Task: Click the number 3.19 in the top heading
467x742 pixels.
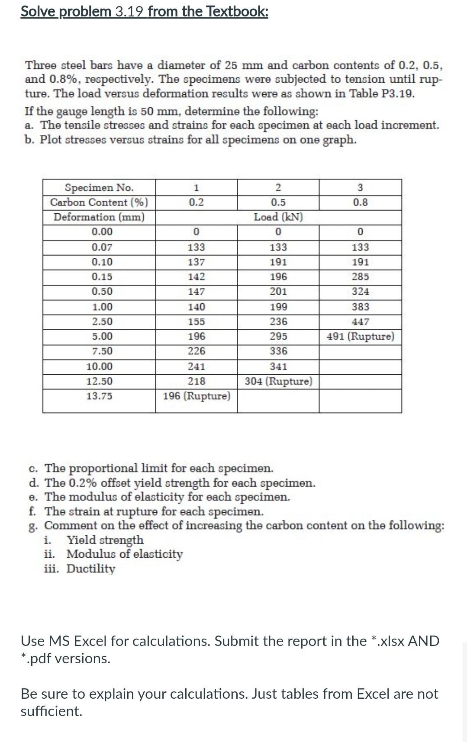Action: click(x=129, y=11)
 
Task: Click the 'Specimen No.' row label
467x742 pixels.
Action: click(x=99, y=187)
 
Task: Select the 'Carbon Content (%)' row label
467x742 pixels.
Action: click(x=99, y=202)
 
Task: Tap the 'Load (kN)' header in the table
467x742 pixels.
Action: click(x=278, y=217)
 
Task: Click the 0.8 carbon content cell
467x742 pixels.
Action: click(x=360, y=202)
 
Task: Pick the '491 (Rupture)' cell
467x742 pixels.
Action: click(x=360, y=336)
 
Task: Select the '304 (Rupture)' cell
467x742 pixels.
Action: click(x=278, y=381)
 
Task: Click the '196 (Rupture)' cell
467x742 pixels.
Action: click(x=196, y=396)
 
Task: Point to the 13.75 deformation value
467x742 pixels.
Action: click(x=99, y=396)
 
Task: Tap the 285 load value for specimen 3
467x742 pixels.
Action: click(x=360, y=276)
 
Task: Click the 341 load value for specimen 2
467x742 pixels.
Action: click(x=278, y=366)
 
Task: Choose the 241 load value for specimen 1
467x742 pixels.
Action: click(x=196, y=366)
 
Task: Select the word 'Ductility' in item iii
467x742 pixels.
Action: click(x=91, y=569)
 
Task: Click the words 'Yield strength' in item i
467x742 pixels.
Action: click(x=105, y=540)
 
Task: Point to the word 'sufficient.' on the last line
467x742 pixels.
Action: click(x=52, y=711)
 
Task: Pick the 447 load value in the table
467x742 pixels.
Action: click(x=360, y=321)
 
